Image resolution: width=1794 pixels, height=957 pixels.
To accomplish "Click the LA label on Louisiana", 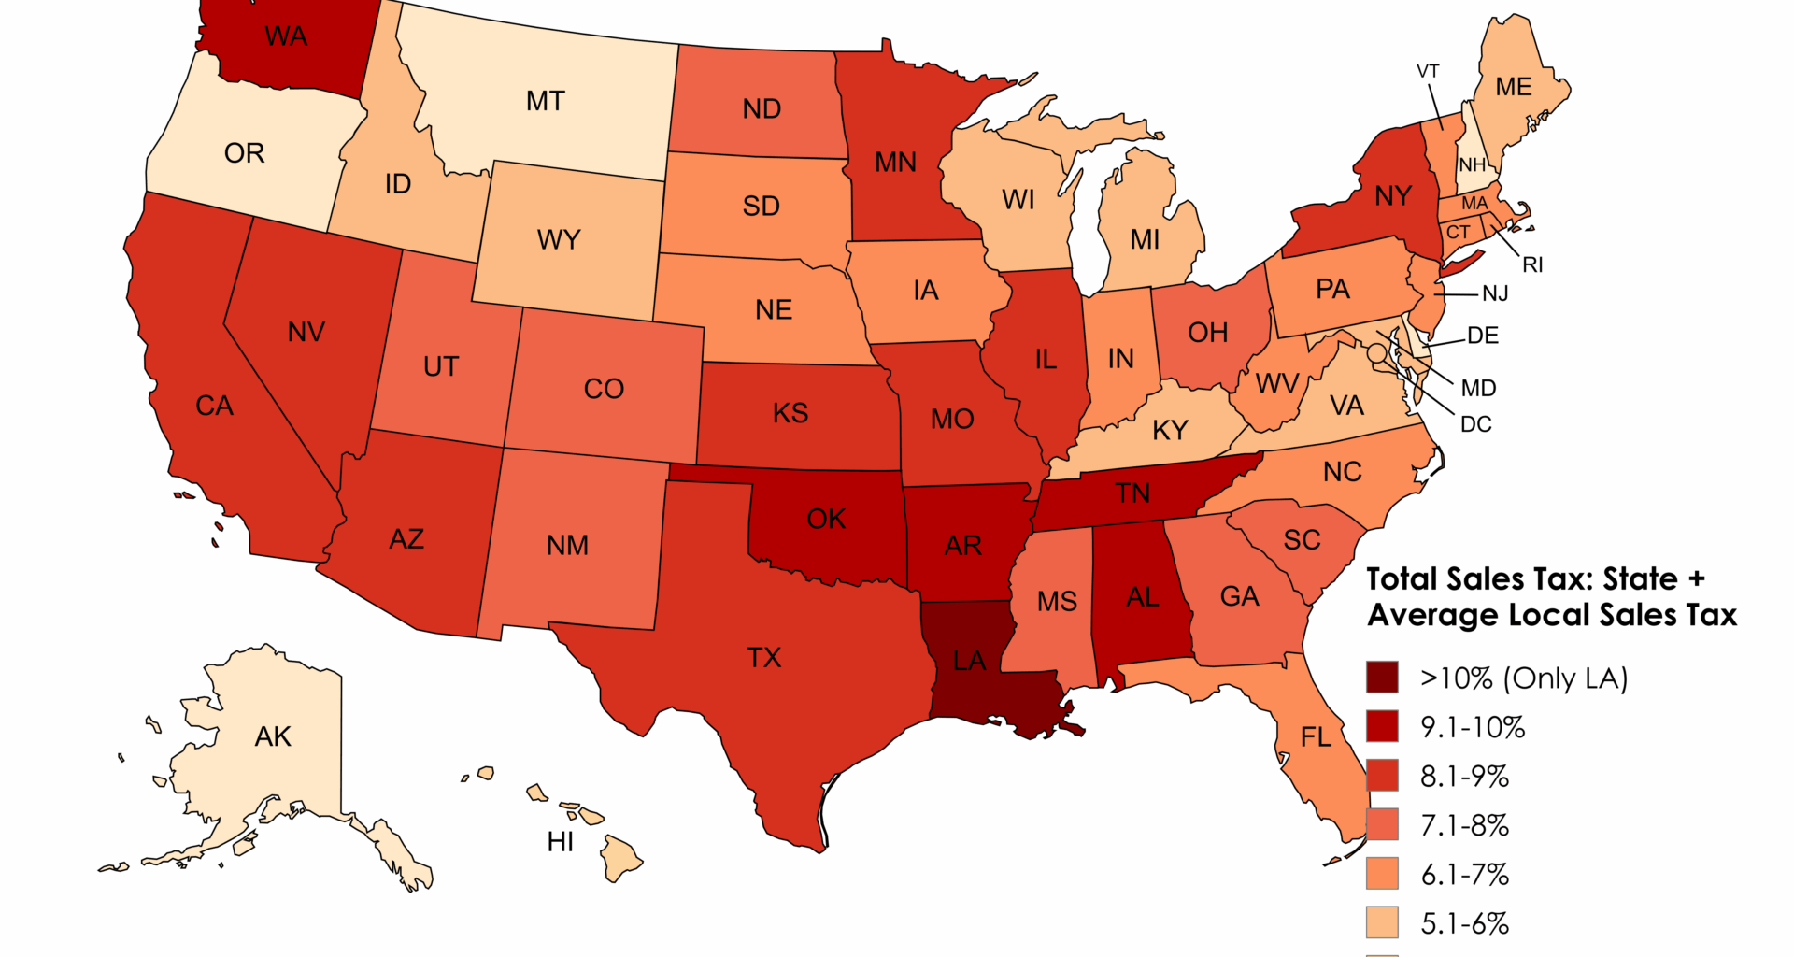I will (x=969, y=661).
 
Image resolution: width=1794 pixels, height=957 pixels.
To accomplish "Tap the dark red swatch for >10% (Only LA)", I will (x=1382, y=678).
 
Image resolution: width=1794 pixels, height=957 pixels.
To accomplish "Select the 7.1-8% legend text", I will (x=1464, y=825).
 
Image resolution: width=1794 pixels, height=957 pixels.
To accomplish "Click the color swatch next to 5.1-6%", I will (x=1382, y=922).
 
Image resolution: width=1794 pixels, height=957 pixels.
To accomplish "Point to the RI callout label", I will (x=1532, y=264).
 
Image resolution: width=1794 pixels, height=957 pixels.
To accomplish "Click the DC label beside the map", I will (x=1475, y=424).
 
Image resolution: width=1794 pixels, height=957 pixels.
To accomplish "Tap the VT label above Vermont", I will (x=1428, y=71).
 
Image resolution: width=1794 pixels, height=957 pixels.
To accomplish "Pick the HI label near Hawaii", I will (x=561, y=842).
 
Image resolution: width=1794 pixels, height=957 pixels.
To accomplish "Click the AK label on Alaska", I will (x=273, y=736).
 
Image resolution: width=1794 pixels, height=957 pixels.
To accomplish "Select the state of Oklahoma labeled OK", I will (x=826, y=519).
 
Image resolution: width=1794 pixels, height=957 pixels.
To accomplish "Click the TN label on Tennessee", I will (x=1132, y=493).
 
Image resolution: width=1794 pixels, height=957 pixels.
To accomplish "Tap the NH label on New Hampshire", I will (x=1472, y=165).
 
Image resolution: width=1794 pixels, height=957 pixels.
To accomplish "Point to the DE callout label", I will (x=1483, y=336).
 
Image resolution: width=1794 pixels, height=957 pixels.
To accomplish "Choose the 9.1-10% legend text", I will (x=1473, y=727).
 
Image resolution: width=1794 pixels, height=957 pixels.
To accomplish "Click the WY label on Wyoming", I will (x=559, y=240).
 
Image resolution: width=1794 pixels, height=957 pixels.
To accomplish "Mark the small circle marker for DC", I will (x=1376, y=353).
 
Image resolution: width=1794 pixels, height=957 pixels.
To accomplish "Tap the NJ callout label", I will (x=1495, y=293).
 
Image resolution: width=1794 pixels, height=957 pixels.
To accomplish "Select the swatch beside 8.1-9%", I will (x=1382, y=776).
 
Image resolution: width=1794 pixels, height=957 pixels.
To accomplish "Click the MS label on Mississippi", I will (x=1057, y=601).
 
